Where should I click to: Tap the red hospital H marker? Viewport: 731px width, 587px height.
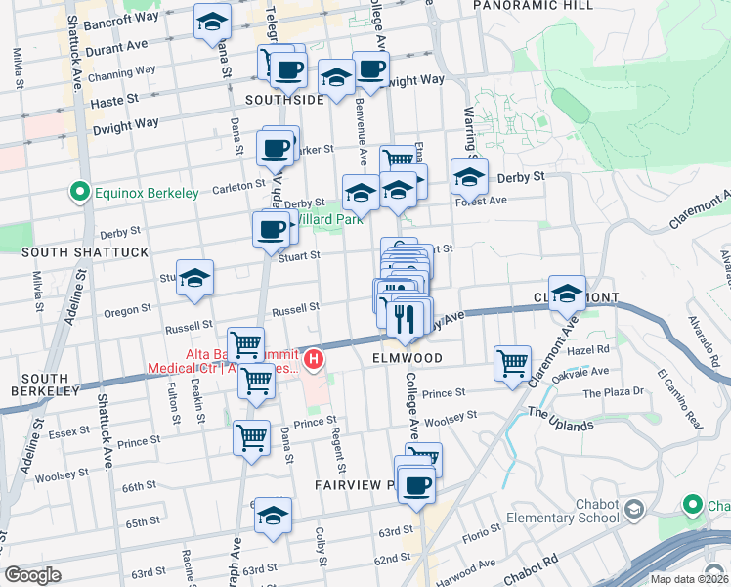(313, 361)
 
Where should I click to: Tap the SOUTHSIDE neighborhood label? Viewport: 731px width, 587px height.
(284, 100)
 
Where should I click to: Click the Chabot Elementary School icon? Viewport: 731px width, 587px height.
(634, 509)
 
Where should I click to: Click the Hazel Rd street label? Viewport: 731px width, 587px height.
(589, 348)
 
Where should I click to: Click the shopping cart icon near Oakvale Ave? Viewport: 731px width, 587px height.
(512, 364)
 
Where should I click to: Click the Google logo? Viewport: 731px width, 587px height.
(32, 575)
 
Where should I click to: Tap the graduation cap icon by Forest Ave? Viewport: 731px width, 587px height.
(469, 178)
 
